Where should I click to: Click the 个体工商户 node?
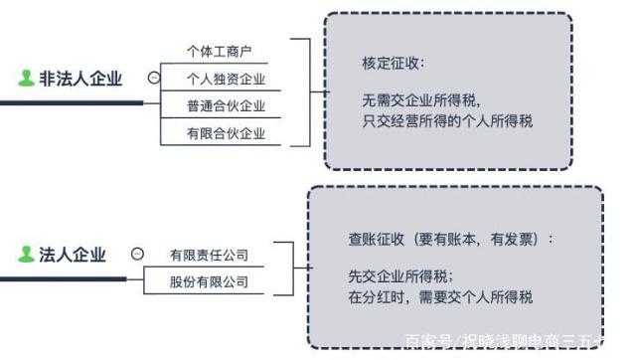(219, 50)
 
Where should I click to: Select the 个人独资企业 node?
(226, 78)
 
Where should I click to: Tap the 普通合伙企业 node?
(226, 105)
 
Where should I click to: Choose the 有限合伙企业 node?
(226, 133)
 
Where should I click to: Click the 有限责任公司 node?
(209, 256)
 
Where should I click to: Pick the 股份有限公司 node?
(209, 282)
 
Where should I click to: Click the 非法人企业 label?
(80, 79)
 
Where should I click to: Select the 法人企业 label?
(72, 256)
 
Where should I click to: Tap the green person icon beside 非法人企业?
(26, 79)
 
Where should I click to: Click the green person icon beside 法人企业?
(26, 256)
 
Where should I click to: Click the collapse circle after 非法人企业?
(152, 78)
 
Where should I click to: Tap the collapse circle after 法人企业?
(137, 256)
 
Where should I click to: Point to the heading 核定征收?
(393, 64)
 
